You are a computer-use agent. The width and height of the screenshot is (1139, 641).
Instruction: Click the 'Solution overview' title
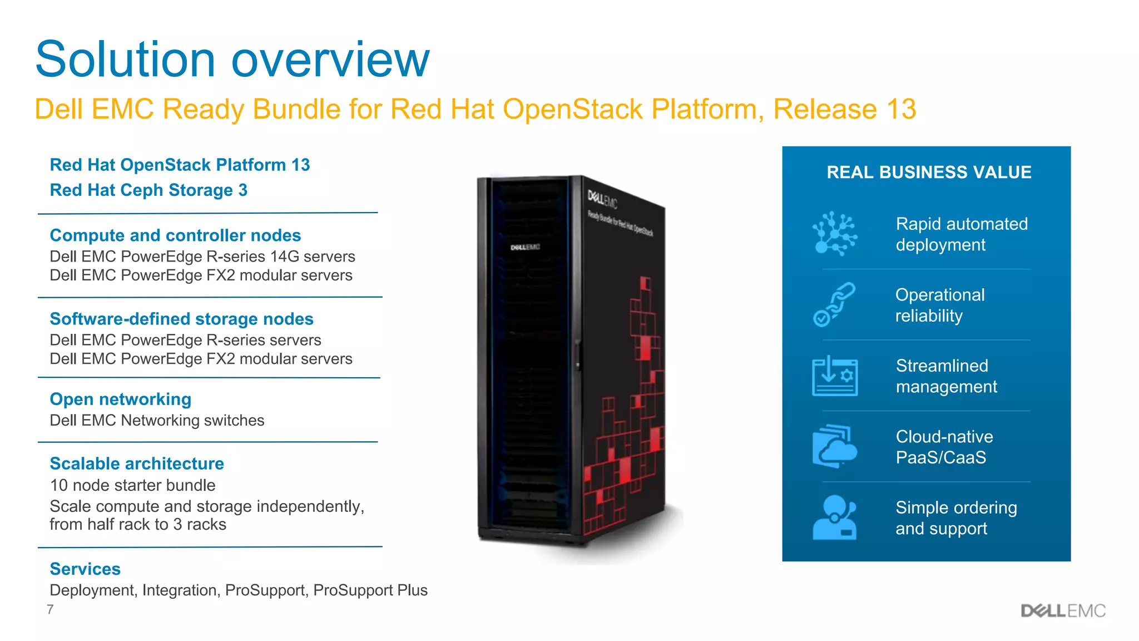[x=232, y=59]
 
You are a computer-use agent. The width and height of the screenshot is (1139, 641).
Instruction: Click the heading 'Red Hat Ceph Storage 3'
[x=148, y=190]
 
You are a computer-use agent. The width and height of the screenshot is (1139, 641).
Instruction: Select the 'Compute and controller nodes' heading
[x=175, y=235]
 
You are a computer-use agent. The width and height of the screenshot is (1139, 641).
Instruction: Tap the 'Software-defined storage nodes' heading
[x=181, y=319]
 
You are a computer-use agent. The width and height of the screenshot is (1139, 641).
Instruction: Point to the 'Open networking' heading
[x=120, y=399]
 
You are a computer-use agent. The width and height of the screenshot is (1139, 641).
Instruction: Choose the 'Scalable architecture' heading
[x=137, y=464]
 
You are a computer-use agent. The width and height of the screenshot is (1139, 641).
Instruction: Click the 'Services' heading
[x=85, y=569]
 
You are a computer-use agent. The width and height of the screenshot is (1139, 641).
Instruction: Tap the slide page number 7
[x=50, y=610]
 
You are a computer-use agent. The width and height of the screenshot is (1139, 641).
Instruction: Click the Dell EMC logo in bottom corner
[x=1063, y=611]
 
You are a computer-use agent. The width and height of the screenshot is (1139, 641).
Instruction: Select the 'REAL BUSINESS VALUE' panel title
[x=929, y=172]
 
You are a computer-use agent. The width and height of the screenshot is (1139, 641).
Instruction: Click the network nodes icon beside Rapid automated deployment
[x=834, y=234]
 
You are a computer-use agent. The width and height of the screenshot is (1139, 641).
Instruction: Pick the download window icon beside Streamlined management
[x=834, y=376]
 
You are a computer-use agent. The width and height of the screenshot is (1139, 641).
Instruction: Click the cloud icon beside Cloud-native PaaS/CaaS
[x=834, y=447]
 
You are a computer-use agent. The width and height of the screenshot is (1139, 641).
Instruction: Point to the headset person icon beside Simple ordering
[x=834, y=517]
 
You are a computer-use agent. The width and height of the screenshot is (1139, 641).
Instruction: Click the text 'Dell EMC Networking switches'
[x=157, y=421]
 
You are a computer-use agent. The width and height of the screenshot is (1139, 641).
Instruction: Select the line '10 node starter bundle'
[x=132, y=485]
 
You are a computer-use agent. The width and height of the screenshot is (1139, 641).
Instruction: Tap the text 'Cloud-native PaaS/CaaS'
[x=944, y=447]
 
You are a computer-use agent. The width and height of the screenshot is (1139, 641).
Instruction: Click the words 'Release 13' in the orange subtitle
[x=844, y=109]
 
